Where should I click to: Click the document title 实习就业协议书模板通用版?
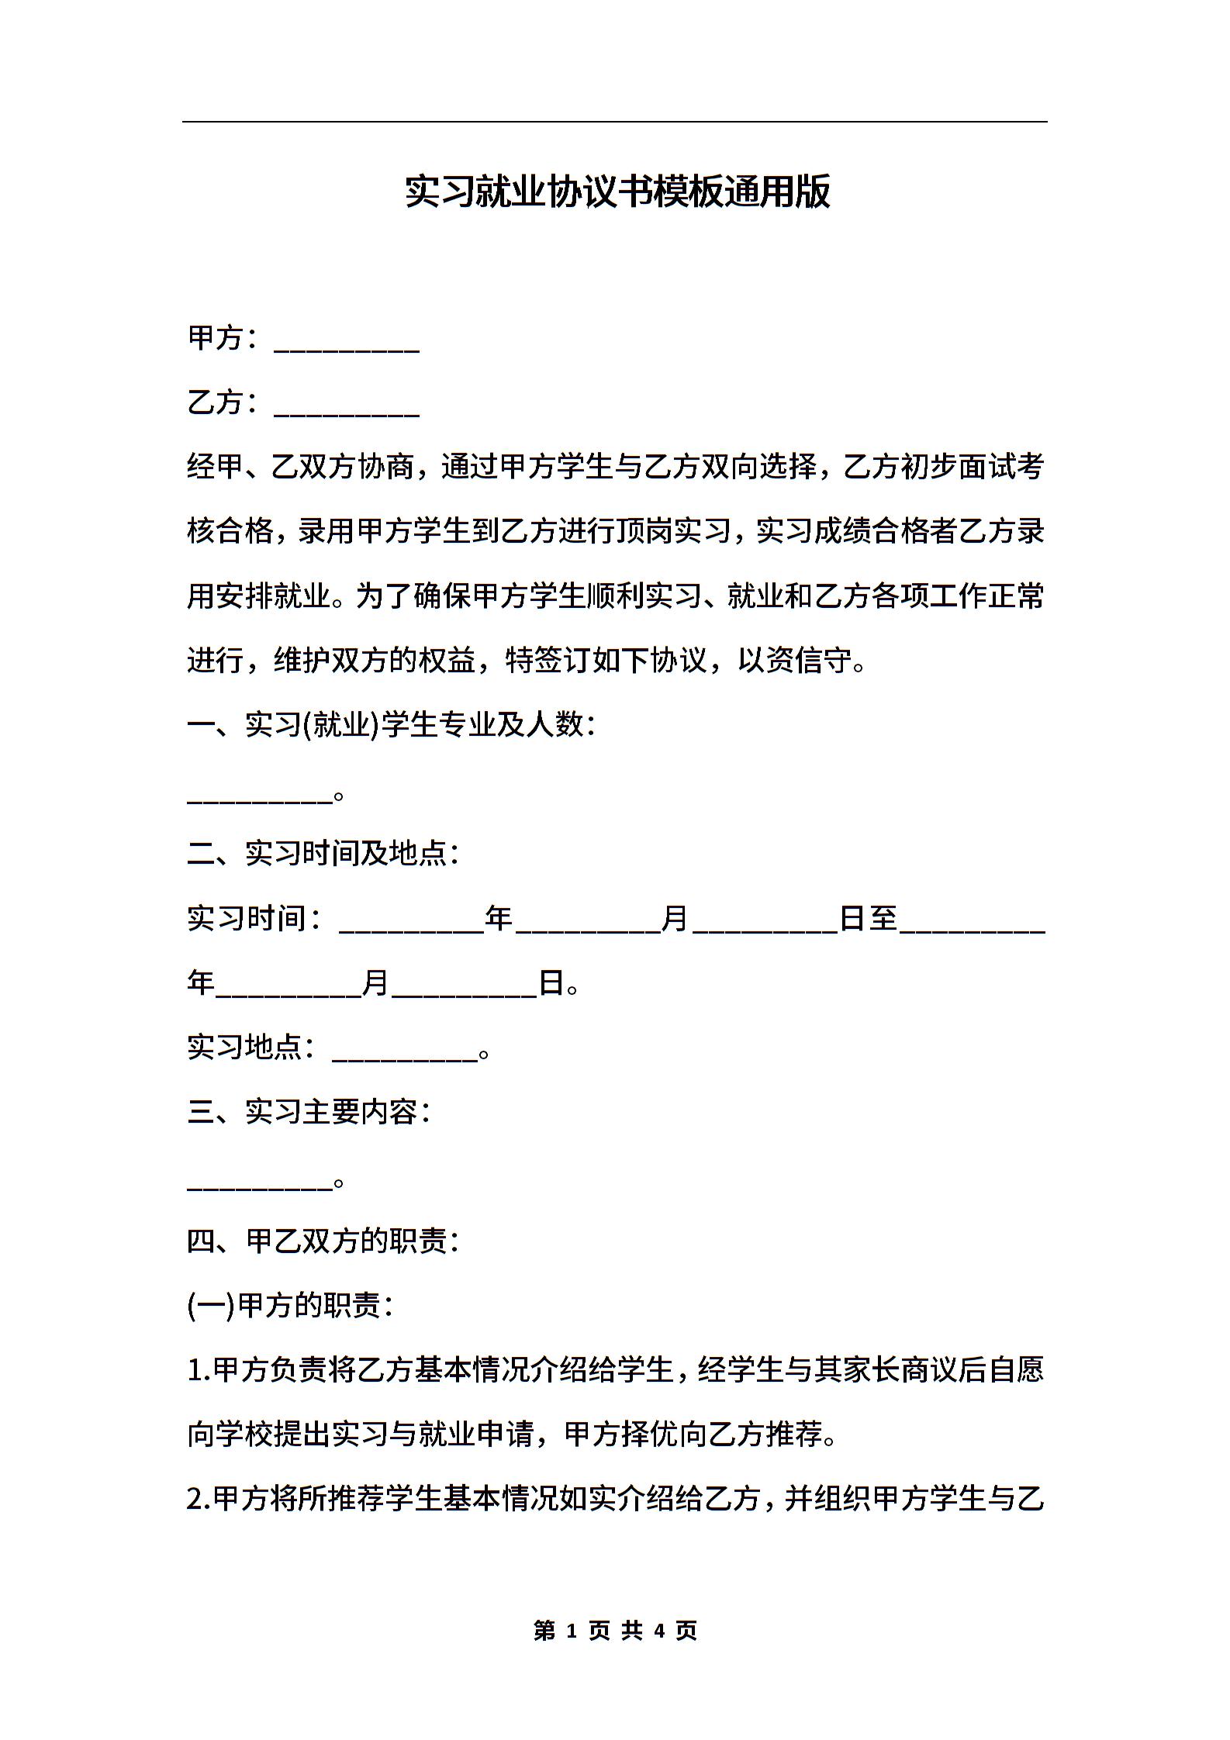(x=617, y=192)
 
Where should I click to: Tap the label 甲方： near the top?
(x=223, y=338)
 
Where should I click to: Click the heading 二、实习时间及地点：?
(x=323, y=854)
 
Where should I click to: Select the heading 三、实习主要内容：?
(x=309, y=1112)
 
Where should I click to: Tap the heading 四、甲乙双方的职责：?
(x=323, y=1241)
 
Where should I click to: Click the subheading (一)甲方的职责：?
(x=291, y=1306)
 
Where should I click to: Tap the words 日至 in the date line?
(x=869, y=919)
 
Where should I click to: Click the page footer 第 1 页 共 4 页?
(x=616, y=1630)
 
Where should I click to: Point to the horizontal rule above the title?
(x=614, y=122)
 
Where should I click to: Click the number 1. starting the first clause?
(x=199, y=1371)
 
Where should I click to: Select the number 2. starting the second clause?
(x=199, y=1500)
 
